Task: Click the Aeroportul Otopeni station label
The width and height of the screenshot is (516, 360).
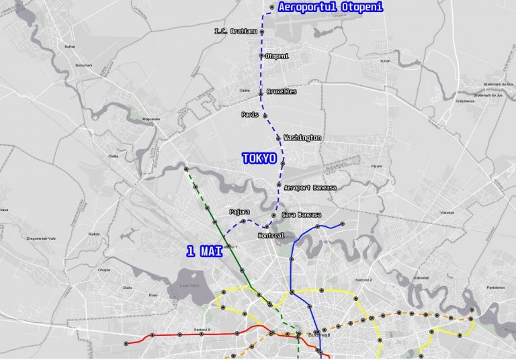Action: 330,7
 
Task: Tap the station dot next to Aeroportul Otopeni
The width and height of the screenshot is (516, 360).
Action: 271,7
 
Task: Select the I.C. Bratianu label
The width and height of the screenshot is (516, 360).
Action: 235,31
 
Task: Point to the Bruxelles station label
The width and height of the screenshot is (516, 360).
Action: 282,91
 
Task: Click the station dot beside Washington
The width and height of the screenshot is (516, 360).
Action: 278,138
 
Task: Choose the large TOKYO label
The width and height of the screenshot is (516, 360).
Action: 259,159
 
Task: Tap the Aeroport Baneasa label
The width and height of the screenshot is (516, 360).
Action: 310,187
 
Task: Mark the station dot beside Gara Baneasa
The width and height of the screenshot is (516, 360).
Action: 273,215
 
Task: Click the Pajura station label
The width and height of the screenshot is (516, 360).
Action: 239,212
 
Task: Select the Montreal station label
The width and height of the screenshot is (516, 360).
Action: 271,236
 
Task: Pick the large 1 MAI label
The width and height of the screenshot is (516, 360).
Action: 204,251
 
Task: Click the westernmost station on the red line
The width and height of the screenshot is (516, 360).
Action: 126,343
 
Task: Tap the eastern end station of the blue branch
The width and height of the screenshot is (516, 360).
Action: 342,224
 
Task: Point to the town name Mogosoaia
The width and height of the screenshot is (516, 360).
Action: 151,119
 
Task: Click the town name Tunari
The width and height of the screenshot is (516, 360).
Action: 384,60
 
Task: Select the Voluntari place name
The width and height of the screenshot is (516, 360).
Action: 447,212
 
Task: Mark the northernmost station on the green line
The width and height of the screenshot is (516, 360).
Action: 186,169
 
